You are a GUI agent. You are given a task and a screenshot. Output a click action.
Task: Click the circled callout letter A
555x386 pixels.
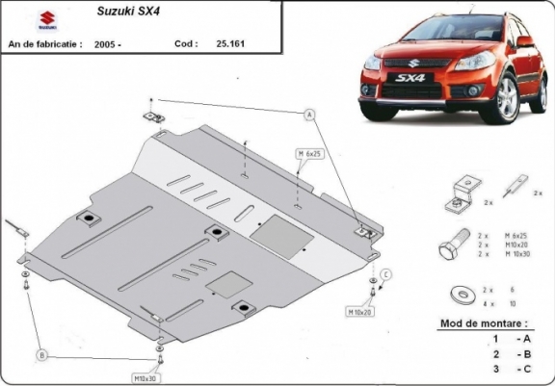[x=310, y=116]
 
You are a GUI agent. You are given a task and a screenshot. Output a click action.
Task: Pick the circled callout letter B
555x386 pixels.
[x=41, y=355]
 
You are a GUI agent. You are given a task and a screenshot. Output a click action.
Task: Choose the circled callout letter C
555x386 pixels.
[x=385, y=275]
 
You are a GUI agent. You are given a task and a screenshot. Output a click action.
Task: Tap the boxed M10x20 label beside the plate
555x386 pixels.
[x=360, y=312]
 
